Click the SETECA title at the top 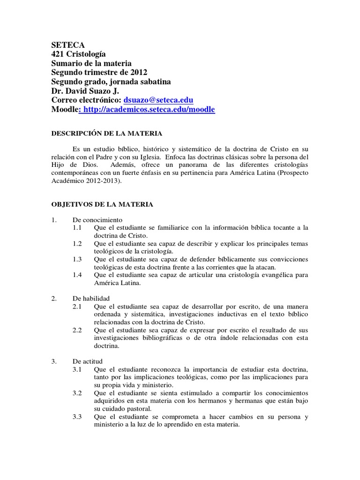(67, 45)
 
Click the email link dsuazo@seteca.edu (158, 100)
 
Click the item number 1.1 (77, 228)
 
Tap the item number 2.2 (77, 330)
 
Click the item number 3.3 (77, 417)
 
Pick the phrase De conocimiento (97, 219)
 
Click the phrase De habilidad (91, 298)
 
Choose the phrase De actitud (87, 361)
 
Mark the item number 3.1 (77, 370)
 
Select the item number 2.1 (77, 306)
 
